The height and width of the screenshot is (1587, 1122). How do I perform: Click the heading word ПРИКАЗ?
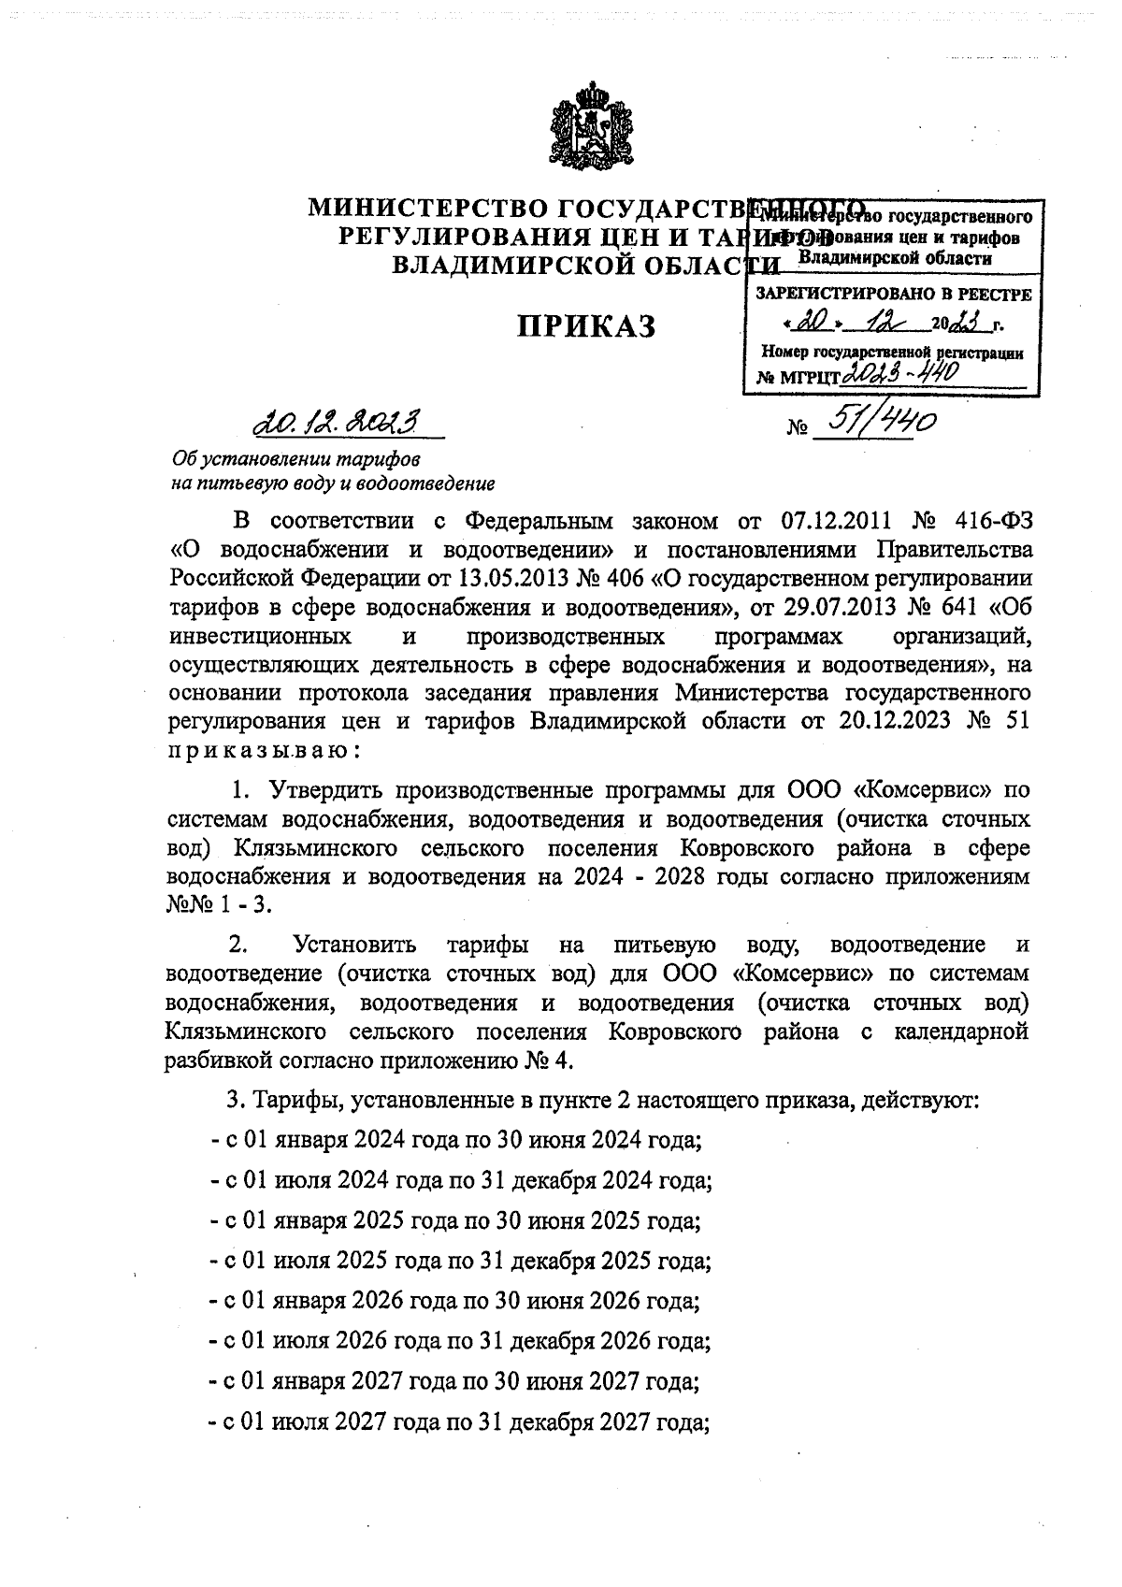click(x=587, y=327)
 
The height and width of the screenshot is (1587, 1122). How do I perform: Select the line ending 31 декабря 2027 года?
click(x=458, y=1422)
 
